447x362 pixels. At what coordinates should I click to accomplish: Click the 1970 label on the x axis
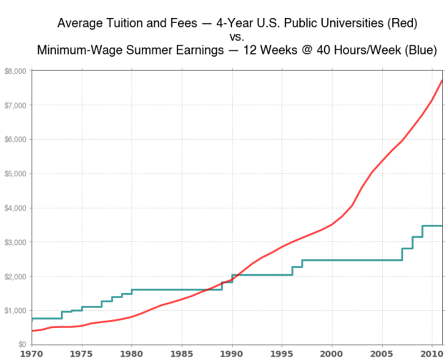point(32,354)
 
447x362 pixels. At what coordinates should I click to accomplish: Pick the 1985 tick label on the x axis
point(182,354)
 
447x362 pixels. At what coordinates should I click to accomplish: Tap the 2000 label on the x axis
point(332,354)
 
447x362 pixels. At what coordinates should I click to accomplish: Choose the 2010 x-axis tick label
point(432,354)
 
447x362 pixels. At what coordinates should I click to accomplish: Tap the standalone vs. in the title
point(237,37)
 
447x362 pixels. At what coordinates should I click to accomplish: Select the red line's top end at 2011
point(442,80)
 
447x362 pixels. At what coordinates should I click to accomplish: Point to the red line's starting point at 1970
point(32,331)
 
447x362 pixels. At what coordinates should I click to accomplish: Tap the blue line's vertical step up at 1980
point(132,292)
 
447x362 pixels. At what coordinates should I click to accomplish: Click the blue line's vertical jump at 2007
point(402,254)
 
